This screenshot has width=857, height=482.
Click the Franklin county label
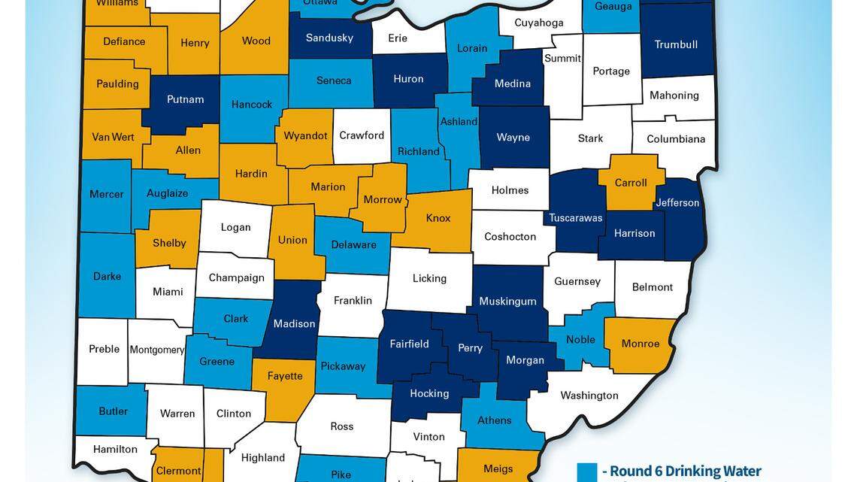(x=353, y=301)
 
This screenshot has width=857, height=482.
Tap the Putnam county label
(x=185, y=99)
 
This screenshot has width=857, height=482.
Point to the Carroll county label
(x=631, y=183)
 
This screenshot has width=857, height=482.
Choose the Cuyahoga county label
(x=539, y=23)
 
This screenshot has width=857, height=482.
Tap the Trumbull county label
(x=676, y=44)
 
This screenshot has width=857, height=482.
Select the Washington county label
(x=589, y=396)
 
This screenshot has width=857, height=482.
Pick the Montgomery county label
(x=157, y=350)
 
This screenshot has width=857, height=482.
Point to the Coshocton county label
(x=510, y=237)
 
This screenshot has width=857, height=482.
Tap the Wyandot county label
(x=306, y=136)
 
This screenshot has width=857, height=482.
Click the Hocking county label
(x=429, y=393)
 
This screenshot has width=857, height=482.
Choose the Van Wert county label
(x=114, y=137)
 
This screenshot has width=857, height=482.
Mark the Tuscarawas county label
(x=576, y=218)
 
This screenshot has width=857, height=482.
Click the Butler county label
(x=113, y=411)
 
